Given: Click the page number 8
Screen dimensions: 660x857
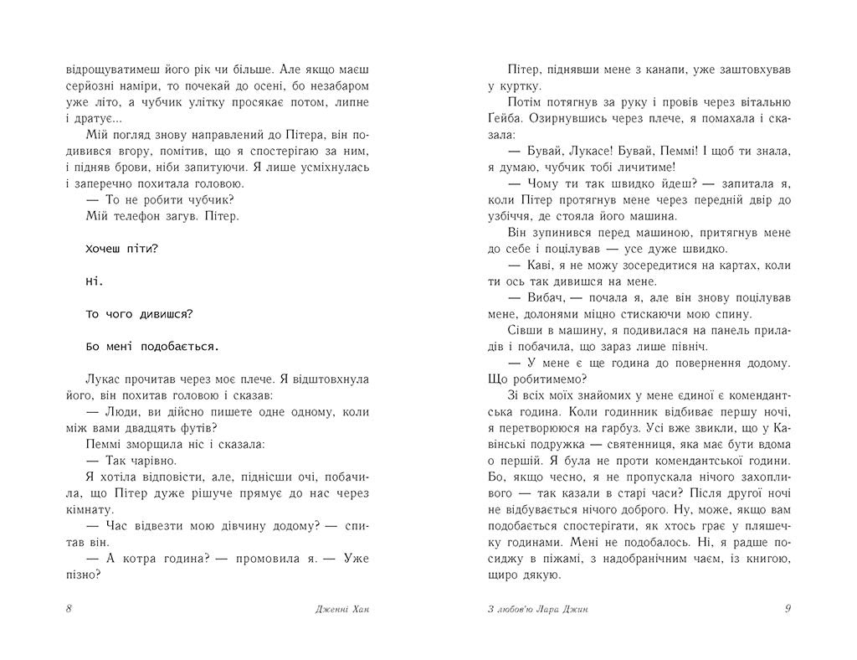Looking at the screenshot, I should pyautogui.click(x=68, y=609).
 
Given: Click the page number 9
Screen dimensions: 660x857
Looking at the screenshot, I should pyautogui.click(x=788, y=609).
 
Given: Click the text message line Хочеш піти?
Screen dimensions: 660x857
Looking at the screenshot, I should pyautogui.click(x=122, y=250).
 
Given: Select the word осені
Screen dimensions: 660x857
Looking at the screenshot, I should pyautogui.click(x=304, y=86).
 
